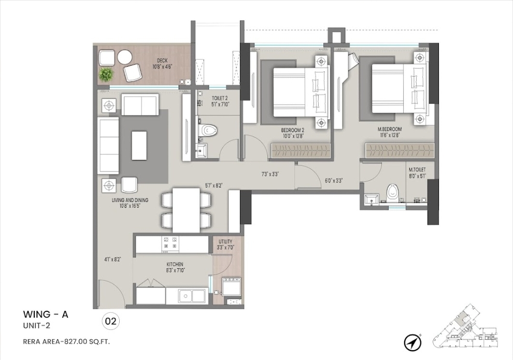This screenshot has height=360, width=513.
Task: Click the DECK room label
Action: [162, 61]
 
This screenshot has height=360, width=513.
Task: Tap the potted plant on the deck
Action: [106, 75]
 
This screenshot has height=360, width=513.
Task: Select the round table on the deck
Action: [125, 57]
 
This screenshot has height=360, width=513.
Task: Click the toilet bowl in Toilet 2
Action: [209, 130]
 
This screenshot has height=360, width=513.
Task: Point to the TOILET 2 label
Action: [220, 98]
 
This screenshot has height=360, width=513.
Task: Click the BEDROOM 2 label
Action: [293, 130]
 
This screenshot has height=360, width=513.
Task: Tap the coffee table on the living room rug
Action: [139, 146]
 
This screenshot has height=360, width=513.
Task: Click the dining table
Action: [186, 210]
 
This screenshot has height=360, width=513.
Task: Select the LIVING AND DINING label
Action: [130, 200]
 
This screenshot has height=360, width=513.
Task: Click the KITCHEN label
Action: [175, 264]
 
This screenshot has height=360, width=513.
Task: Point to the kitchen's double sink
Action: [192, 296]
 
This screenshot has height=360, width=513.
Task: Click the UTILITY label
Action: [225, 242]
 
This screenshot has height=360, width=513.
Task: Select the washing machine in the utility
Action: [231, 286]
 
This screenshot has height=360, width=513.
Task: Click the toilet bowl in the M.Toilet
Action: [391, 194]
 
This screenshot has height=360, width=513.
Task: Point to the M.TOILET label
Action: [417, 170]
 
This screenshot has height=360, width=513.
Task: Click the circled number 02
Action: [111, 321]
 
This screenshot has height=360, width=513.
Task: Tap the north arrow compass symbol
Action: [412, 342]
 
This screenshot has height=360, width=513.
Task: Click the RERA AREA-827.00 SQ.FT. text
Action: [66, 342]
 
